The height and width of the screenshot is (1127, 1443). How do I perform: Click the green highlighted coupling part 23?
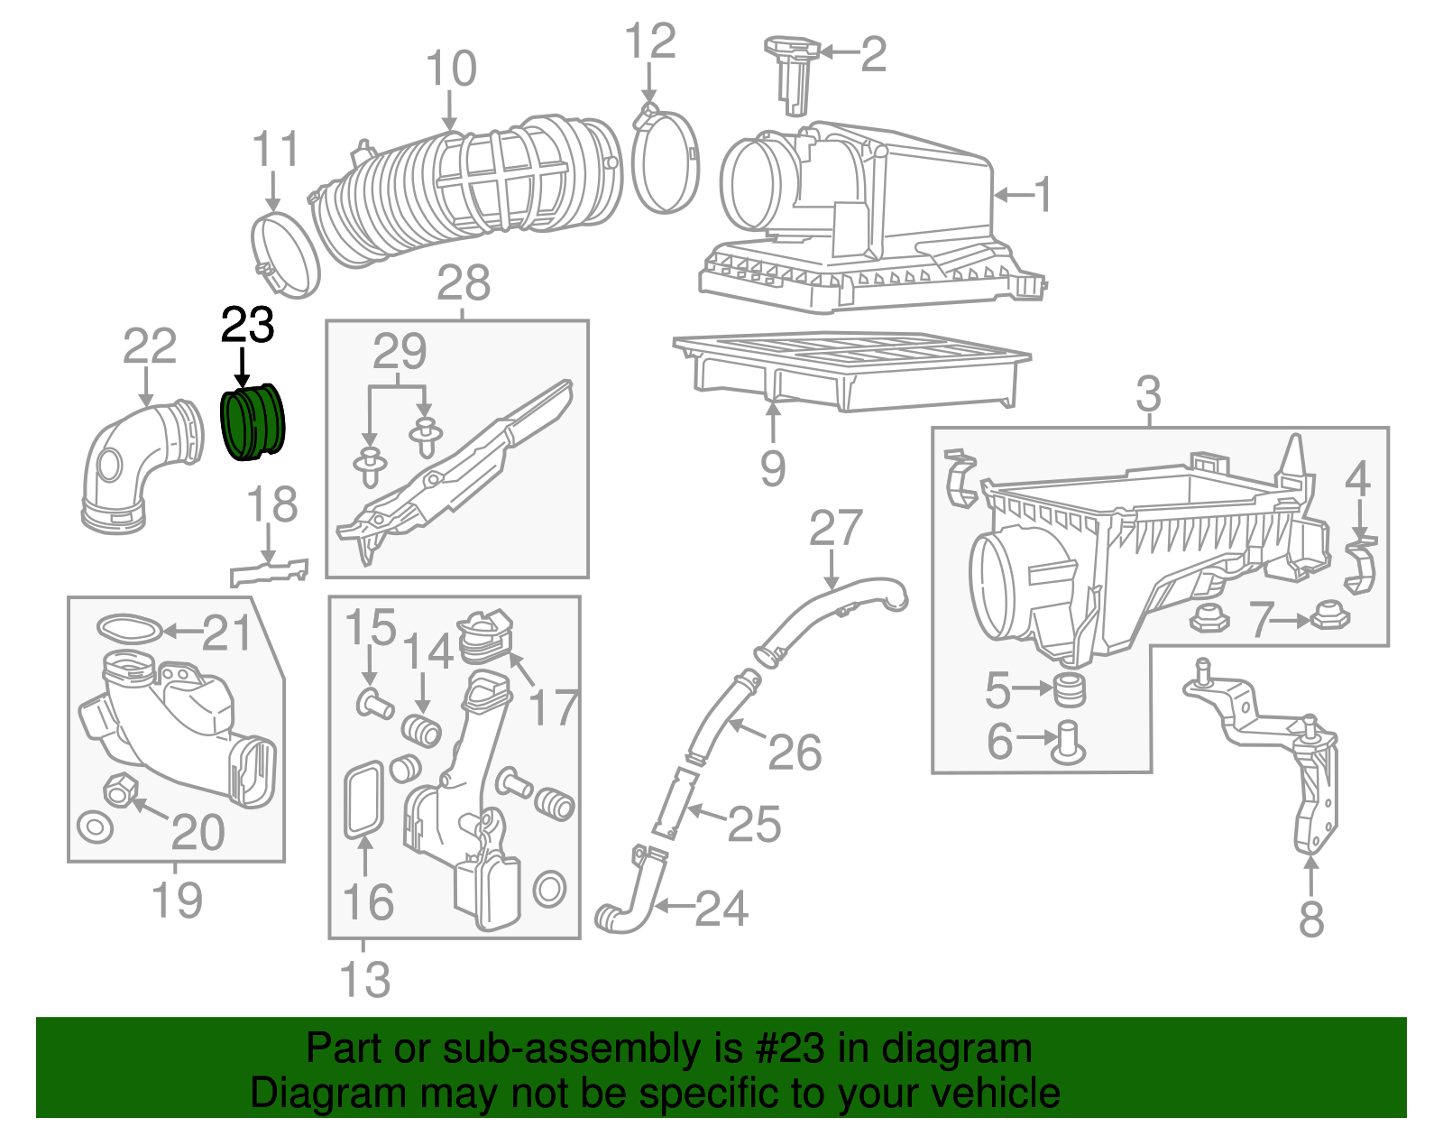[253, 422]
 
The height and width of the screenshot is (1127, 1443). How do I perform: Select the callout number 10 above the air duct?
[450, 69]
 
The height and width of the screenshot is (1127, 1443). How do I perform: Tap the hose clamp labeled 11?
[285, 254]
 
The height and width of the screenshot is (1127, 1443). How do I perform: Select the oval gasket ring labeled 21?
[129, 628]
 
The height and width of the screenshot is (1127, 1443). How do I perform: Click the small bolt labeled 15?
[374, 702]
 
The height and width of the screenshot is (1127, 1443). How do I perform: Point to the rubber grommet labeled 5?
[1071, 690]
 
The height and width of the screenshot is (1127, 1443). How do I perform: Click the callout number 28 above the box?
[464, 282]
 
